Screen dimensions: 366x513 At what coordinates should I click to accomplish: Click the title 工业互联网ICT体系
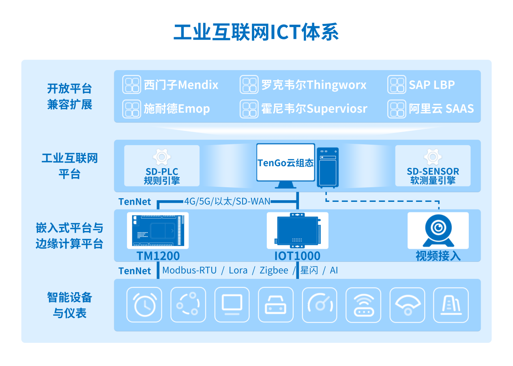[256, 32]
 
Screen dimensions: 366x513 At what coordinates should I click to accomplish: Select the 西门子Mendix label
[181, 85]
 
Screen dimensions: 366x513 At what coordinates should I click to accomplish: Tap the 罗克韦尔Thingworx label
[313, 85]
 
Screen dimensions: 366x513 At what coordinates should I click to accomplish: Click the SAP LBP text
[431, 85]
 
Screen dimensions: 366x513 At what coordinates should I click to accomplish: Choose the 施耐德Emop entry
[177, 109]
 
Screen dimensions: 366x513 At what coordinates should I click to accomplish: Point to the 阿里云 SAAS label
[441, 109]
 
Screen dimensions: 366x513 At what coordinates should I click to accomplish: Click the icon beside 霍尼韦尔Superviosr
[249, 109]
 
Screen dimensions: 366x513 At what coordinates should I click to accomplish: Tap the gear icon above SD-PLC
[161, 157]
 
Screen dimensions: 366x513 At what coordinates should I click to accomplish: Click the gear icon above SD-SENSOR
[433, 157]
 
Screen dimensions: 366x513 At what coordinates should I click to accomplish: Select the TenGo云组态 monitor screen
[285, 163]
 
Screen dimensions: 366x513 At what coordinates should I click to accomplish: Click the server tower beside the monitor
[327, 167]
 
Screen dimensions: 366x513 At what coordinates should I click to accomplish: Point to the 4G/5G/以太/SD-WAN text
[227, 201]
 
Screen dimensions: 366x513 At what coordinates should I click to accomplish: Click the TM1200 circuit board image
[158, 230]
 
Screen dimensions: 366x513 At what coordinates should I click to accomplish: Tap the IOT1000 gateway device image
[297, 230]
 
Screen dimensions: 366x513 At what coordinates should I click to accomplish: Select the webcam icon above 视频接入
[438, 230]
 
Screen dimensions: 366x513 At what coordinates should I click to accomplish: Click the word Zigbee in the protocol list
[274, 270]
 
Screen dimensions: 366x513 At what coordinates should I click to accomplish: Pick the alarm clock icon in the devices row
[144, 305]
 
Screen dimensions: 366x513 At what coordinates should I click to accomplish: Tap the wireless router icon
[363, 305]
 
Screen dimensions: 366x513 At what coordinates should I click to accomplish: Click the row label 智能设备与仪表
[69, 305]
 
